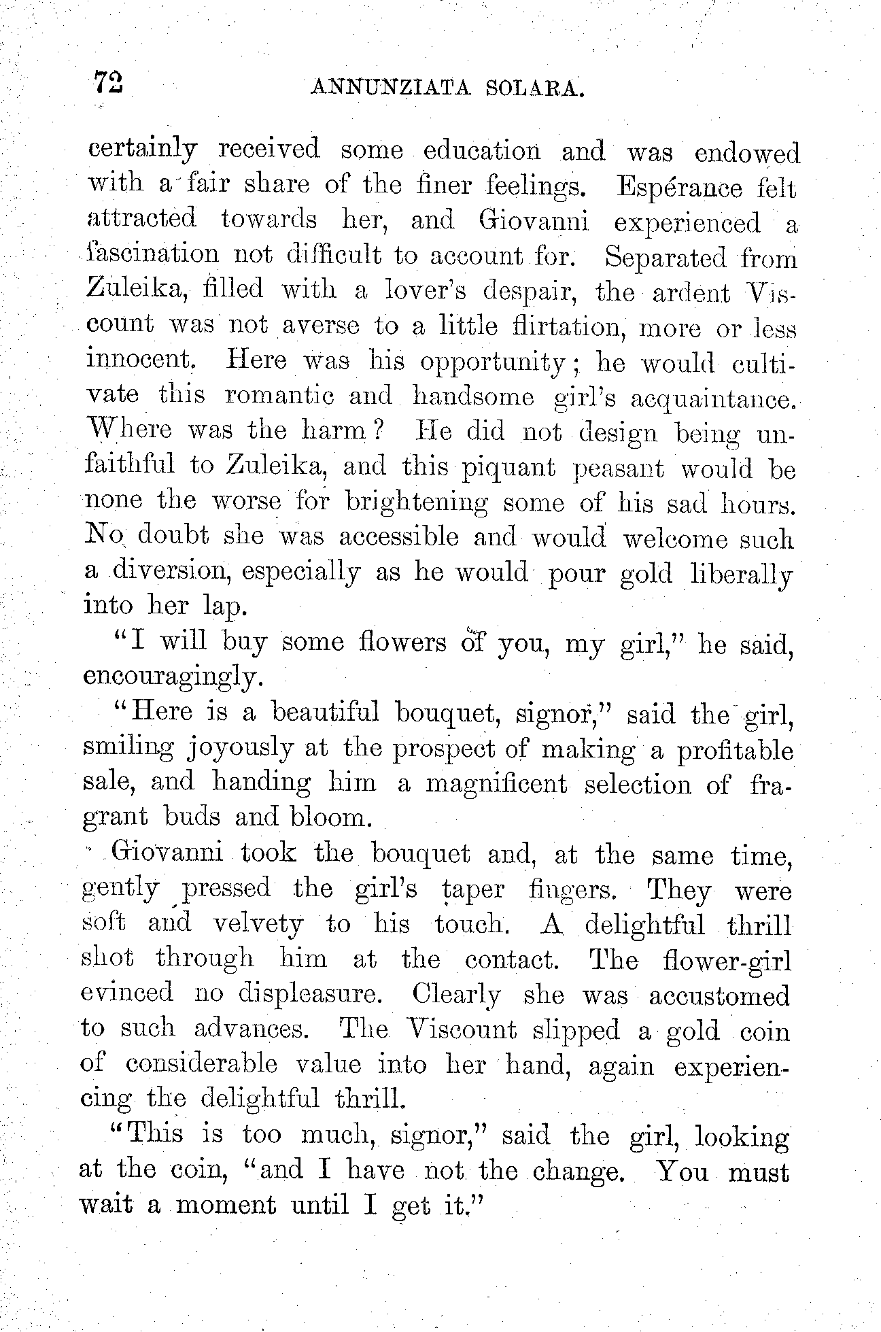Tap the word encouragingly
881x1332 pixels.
click(x=171, y=677)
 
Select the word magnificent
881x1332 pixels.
click(x=496, y=784)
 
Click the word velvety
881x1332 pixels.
click(x=258, y=923)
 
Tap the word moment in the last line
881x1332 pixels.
click(x=226, y=1205)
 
